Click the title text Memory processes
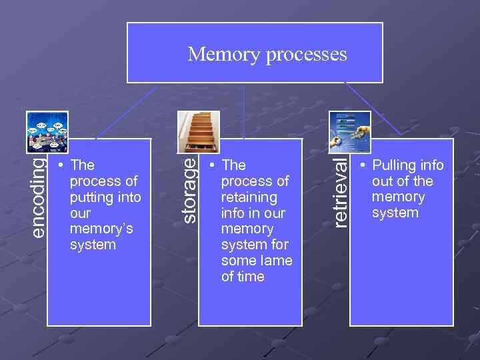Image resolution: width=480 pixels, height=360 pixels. click(267, 54)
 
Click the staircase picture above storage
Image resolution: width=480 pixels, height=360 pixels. click(189, 131)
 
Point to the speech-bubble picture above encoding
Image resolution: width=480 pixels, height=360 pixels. click(47, 132)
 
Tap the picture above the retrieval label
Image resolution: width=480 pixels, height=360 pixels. click(349, 131)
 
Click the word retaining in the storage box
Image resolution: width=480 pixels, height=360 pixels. click(249, 197)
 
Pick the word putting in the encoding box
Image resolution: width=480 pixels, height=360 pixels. click(92, 197)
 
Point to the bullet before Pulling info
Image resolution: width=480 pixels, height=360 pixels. click(363, 165)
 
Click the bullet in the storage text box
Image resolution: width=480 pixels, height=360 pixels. click(211, 165)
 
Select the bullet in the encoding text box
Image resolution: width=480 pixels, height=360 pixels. click(61, 165)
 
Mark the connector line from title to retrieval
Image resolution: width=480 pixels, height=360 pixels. click(373, 111)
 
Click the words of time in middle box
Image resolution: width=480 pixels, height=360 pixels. click(243, 277)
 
